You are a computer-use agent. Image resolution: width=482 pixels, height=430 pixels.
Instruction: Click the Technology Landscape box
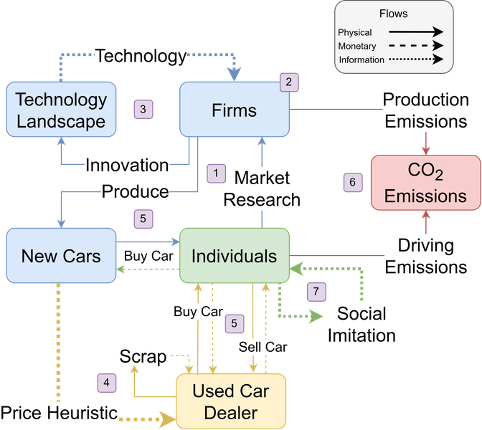[x=61, y=110]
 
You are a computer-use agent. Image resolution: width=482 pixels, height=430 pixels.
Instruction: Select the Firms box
[x=235, y=110]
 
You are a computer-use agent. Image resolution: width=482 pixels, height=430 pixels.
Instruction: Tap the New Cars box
[x=61, y=256]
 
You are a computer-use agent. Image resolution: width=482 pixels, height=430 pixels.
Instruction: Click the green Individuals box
[x=235, y=256]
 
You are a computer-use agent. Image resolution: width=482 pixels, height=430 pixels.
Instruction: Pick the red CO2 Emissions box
[x=426, y=183]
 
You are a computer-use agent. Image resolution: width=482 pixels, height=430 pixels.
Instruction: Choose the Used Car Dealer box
[x=231, y=401]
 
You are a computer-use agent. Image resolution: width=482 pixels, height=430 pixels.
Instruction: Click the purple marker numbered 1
[x=216, y=173]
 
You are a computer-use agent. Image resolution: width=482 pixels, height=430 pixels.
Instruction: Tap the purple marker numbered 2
[x=289, y=82]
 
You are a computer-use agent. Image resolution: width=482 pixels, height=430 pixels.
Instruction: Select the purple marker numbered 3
[x=143, y=110]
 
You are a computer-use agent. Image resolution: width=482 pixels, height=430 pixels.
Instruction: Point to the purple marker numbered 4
[x=107, y=383]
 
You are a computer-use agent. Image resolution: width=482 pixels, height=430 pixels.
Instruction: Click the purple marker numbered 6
[x=353, y=183]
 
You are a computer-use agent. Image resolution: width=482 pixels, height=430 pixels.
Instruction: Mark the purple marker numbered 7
[x=316, y=292]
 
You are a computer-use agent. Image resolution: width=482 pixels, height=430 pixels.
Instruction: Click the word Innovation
[x=127, y=165]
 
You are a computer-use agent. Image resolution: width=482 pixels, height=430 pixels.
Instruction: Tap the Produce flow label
[x=136, y=191]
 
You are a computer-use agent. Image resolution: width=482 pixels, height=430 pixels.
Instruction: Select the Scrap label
[x=143, y=357]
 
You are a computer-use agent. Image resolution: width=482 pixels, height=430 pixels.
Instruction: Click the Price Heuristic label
[x=59, y=413]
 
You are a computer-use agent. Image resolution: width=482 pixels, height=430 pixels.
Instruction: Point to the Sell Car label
[x=263, y=347]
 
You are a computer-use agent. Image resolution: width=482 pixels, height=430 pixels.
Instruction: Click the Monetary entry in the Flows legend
[x=357, y=46]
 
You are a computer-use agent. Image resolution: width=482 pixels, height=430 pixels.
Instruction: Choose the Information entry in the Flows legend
[x=361, y=59]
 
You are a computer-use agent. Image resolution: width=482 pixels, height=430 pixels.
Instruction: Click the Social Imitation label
[x=361, y=325]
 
